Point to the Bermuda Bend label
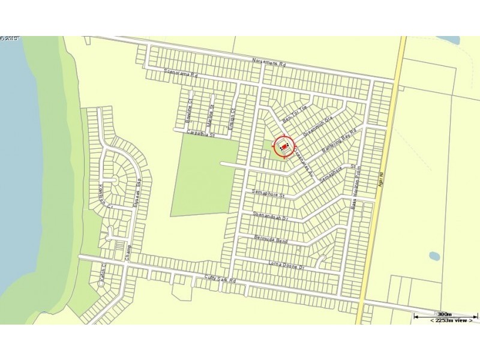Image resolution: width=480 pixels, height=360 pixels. click(x=271, y=239)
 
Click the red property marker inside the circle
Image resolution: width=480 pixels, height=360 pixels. click(x=284, y=146)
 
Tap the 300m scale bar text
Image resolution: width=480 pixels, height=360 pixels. click(x=445, y=314)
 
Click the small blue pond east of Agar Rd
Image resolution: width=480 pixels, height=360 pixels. click(x=434, y=256)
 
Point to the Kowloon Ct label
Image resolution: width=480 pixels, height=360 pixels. click(x=101, y=193)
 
